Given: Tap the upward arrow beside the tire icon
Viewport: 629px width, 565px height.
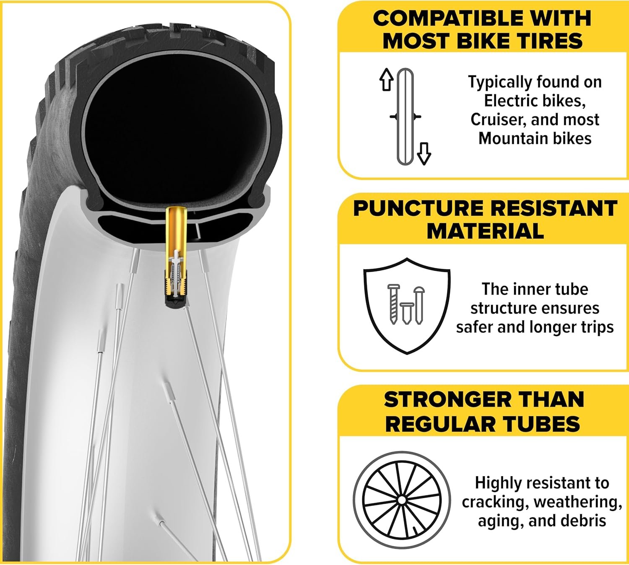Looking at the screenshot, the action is [x=386, y=79].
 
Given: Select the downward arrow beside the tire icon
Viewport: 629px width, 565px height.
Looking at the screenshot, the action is [x=424, y=153].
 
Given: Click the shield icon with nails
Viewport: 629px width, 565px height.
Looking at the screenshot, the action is [x=407, y=306].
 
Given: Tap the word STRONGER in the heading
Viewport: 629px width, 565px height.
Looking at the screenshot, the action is [x=448, y=399].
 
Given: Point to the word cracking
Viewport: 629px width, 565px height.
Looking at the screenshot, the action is [x=493, y=502].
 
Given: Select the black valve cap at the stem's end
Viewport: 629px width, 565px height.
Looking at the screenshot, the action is [x=176, y=301].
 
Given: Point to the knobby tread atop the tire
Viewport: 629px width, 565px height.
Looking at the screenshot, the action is [x=163, y=41].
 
